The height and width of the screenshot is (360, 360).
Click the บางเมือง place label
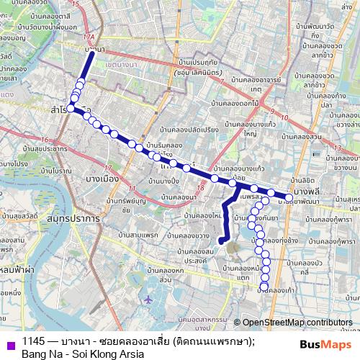pos(102,177)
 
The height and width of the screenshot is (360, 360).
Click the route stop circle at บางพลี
pos(289,197)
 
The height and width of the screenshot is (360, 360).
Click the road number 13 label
pos(337,148)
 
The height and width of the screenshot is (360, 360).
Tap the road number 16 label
pos(45,140)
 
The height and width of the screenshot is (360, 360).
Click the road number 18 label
pos(202,189)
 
